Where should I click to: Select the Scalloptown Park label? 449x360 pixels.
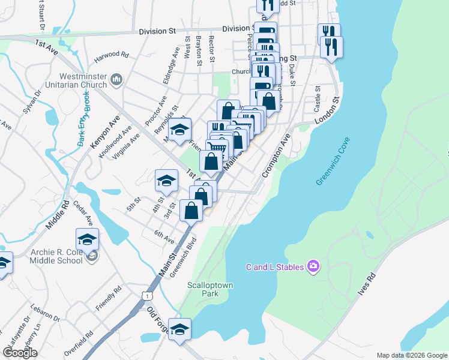pyautogui.click(x=209, y=289)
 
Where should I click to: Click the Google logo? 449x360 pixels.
pyautogui.click(x=20, y=353)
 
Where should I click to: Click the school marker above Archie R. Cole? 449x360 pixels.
pyautogui.click(x=88, y=240)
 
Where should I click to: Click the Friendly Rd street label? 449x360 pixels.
pyautogui.click(x=108, y=298)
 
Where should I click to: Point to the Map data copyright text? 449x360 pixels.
pyautogui.click(x=411, y=355)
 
